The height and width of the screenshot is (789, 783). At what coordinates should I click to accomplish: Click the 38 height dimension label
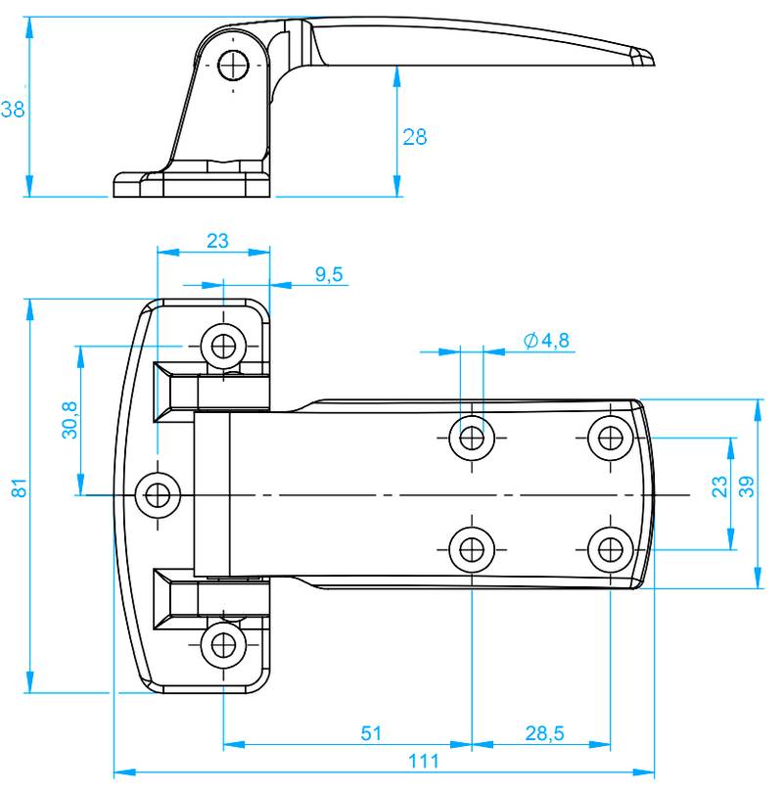[x=12, y=110]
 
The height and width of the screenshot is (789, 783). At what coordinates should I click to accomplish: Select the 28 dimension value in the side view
[x=415, y=137]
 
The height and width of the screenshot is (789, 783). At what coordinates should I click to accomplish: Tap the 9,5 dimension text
[x=329, y=275]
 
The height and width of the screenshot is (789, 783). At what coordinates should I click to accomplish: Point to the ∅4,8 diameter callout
[x=546, y=341]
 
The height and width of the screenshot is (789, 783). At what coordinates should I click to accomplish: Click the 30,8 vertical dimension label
[x=69, y=420]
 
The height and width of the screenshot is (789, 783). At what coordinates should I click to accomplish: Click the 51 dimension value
[x=371, y=733]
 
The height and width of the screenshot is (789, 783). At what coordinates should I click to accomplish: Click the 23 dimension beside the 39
[x=719, y=487]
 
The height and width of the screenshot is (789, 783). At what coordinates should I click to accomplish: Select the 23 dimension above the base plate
[x=216, y=240]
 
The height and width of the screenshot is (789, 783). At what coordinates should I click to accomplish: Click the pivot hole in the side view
[x=234, y=65]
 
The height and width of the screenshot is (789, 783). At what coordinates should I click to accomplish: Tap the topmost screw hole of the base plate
[x=224, y=345]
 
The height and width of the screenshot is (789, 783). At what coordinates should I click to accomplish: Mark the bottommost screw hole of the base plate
[x=224, y=644]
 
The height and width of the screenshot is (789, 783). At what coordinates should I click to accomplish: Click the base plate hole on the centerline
[x=158, y=493]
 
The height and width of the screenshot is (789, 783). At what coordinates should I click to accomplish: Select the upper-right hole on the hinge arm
[x=611, y=436]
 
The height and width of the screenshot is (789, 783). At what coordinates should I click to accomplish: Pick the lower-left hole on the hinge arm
[x=472, y=548]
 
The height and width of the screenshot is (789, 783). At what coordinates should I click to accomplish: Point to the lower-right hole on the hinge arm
[x=611, y=548]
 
